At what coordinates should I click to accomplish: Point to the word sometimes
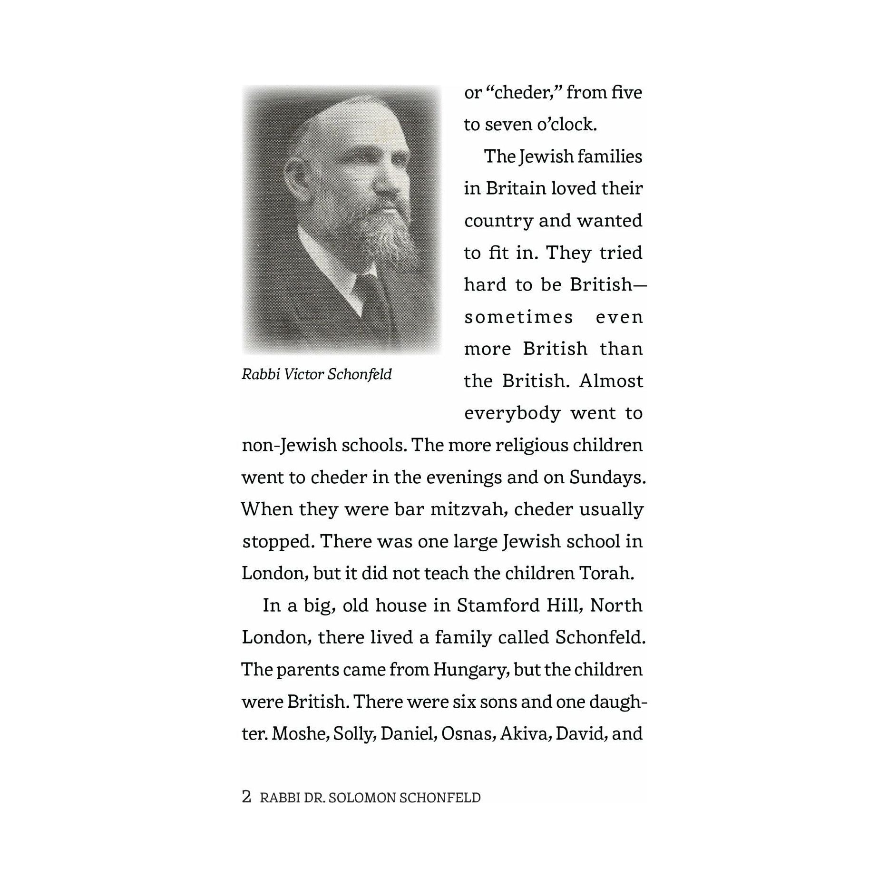click(518, 317)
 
